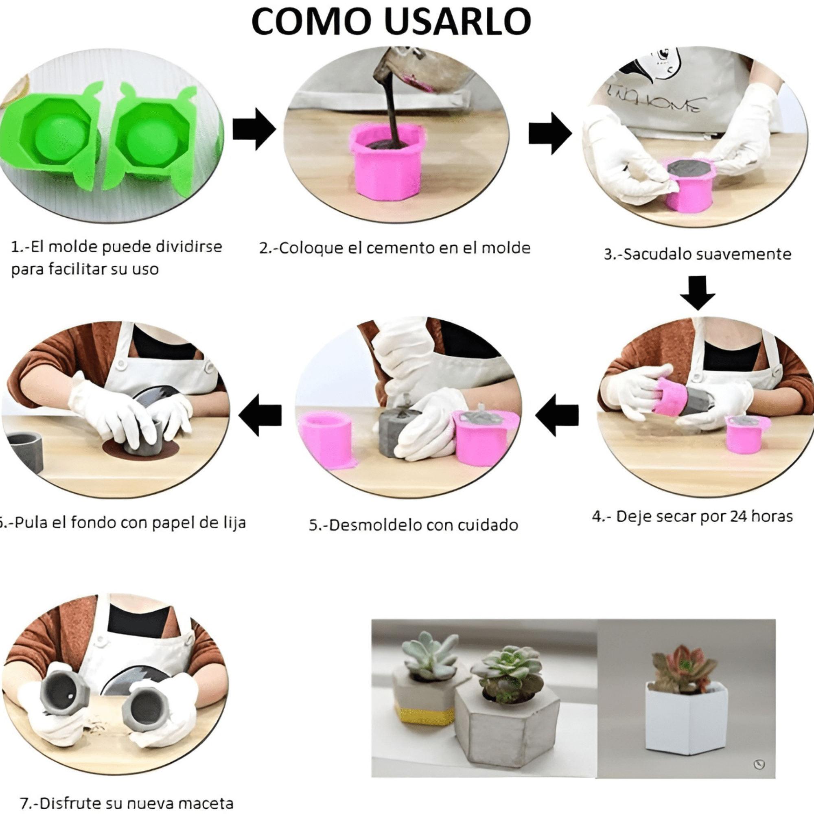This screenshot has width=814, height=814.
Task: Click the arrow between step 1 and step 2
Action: pyautogui.click(x=254, y=129)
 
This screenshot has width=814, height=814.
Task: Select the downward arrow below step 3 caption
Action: pyautogui.click(x=697, y=292)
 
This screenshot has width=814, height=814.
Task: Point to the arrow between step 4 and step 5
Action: pyautogui.click(x=557, y=415)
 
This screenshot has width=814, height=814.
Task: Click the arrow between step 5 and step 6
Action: pyautogui.click(x=260, y=415)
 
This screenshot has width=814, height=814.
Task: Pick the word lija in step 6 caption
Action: pyautogui.click(x=233, y=523)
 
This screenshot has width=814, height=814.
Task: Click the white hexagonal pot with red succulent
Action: pyautogui.click(x=687, y=720)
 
